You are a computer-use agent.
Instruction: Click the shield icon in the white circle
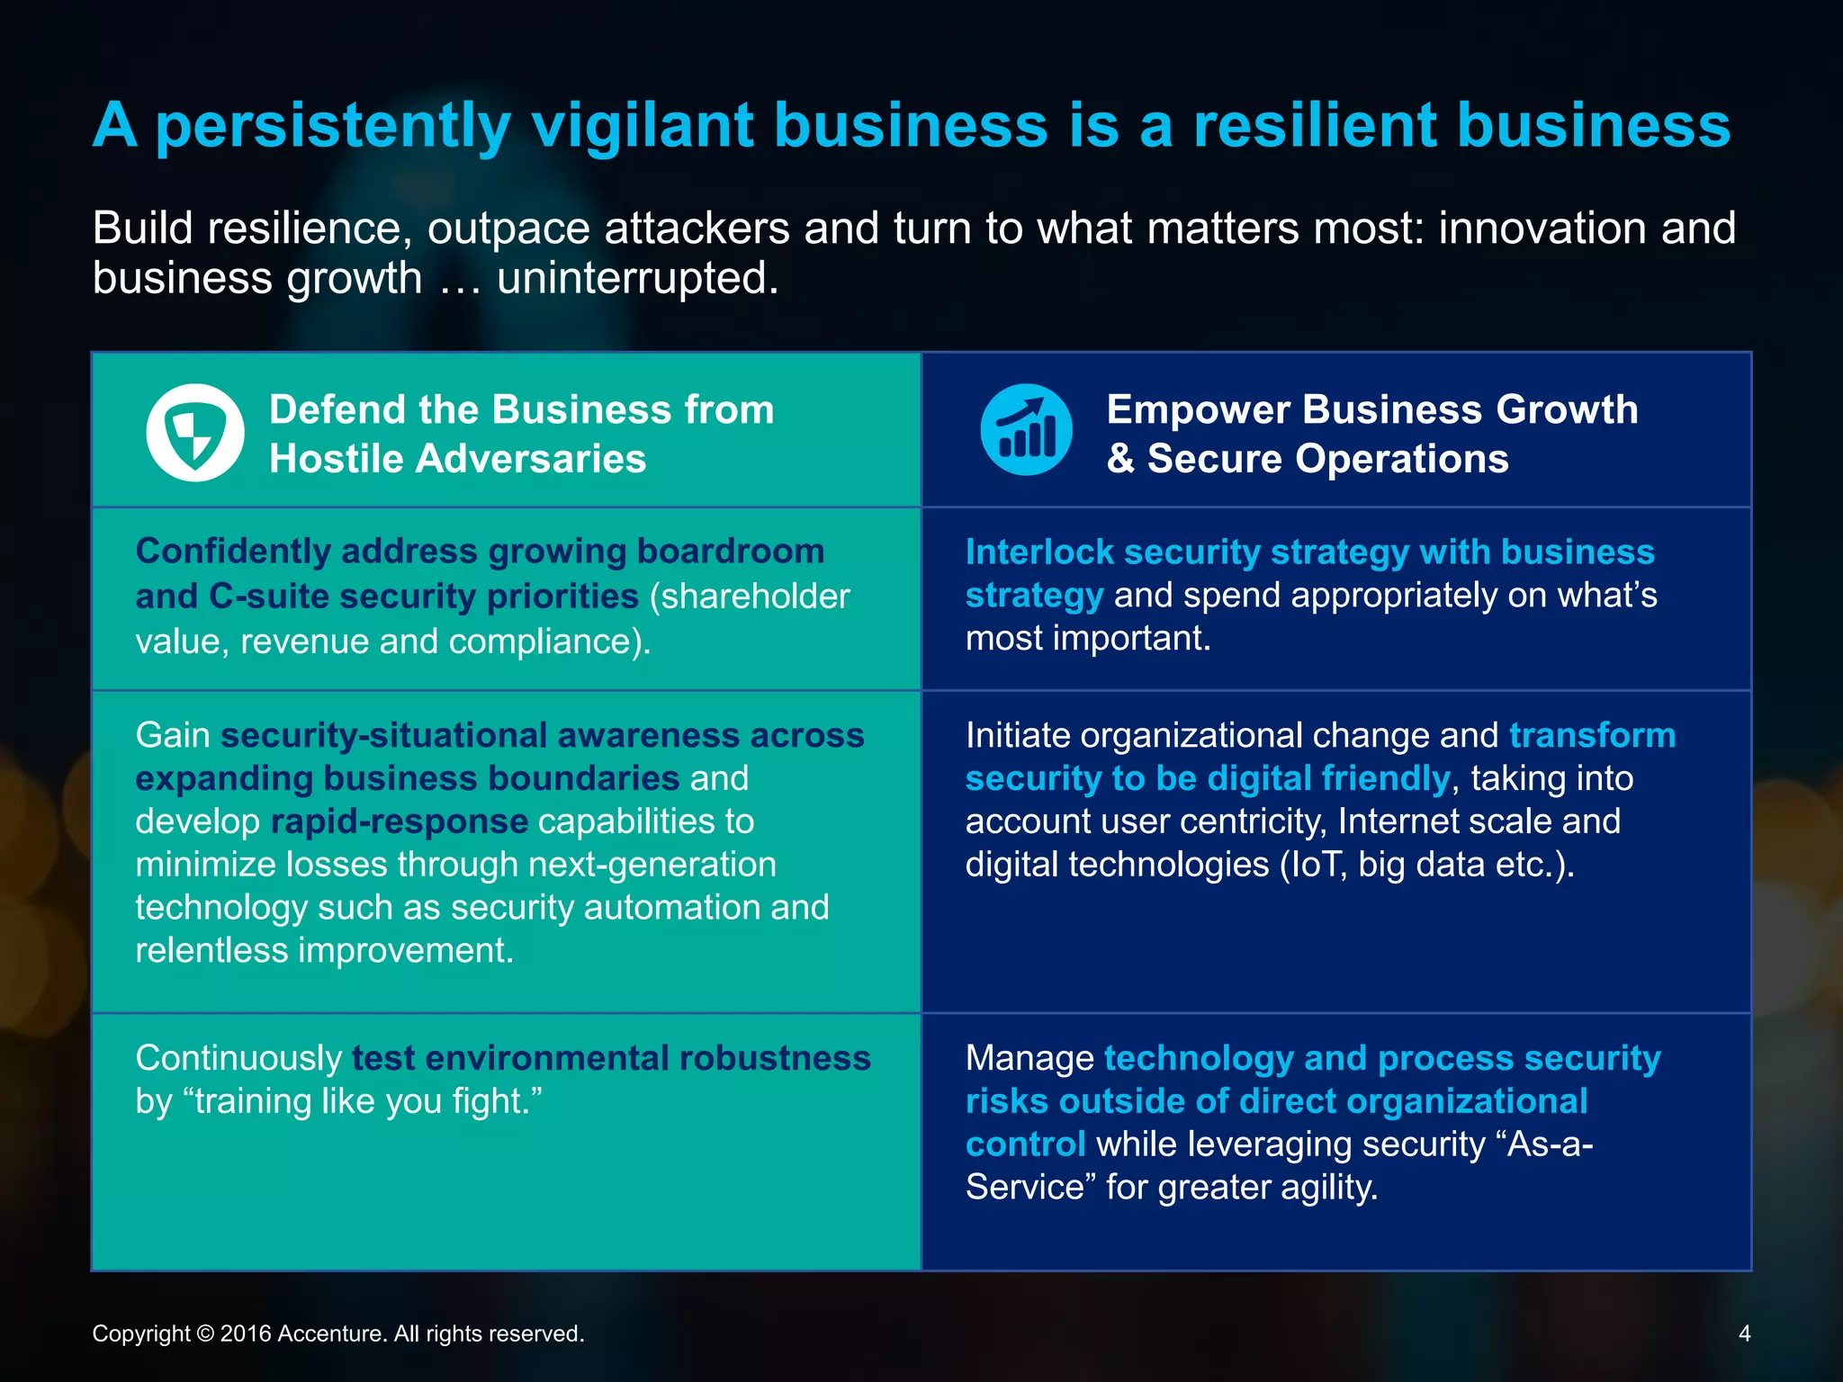click(x=194, y=434)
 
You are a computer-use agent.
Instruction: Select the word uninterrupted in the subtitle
click(x=637, y=278)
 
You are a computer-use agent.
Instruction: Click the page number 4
click(x=1744, y=1333)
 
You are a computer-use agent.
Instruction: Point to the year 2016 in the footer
click(x=246, y=1333)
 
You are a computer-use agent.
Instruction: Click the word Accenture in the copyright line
click(x=332, y=1333)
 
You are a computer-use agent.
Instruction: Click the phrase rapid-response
click(x=399, y=821)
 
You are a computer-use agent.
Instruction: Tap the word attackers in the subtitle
click(x=697, y=229)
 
